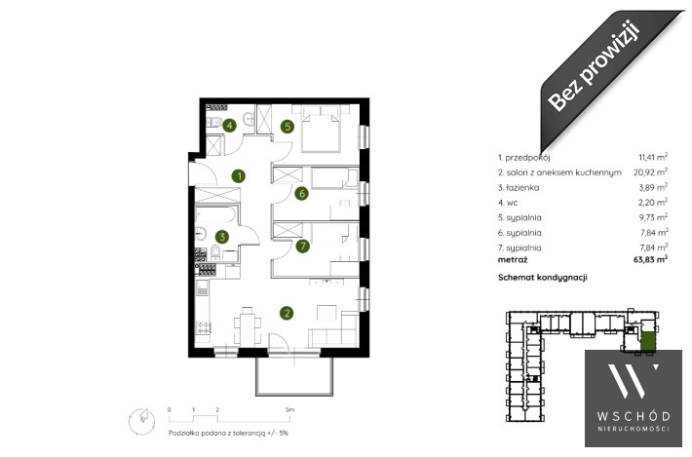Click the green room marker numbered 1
pos(239,176)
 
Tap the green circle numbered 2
pos(287,313)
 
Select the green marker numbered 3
pos(222,237)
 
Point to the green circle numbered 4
pos(229,126)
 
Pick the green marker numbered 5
pos(288,127)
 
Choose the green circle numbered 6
pos(301,193)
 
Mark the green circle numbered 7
pos(302,246)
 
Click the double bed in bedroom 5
pos(321,128)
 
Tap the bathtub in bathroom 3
pos(216,214)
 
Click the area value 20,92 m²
pos(650,171)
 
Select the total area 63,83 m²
pos(650,259)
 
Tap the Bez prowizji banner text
pos(594,65)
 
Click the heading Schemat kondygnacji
pos(542,278)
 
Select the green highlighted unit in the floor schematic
pos(647,342)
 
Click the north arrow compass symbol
pos(141,420)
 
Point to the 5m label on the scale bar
pos(289,409)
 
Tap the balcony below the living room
pos(294,376)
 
